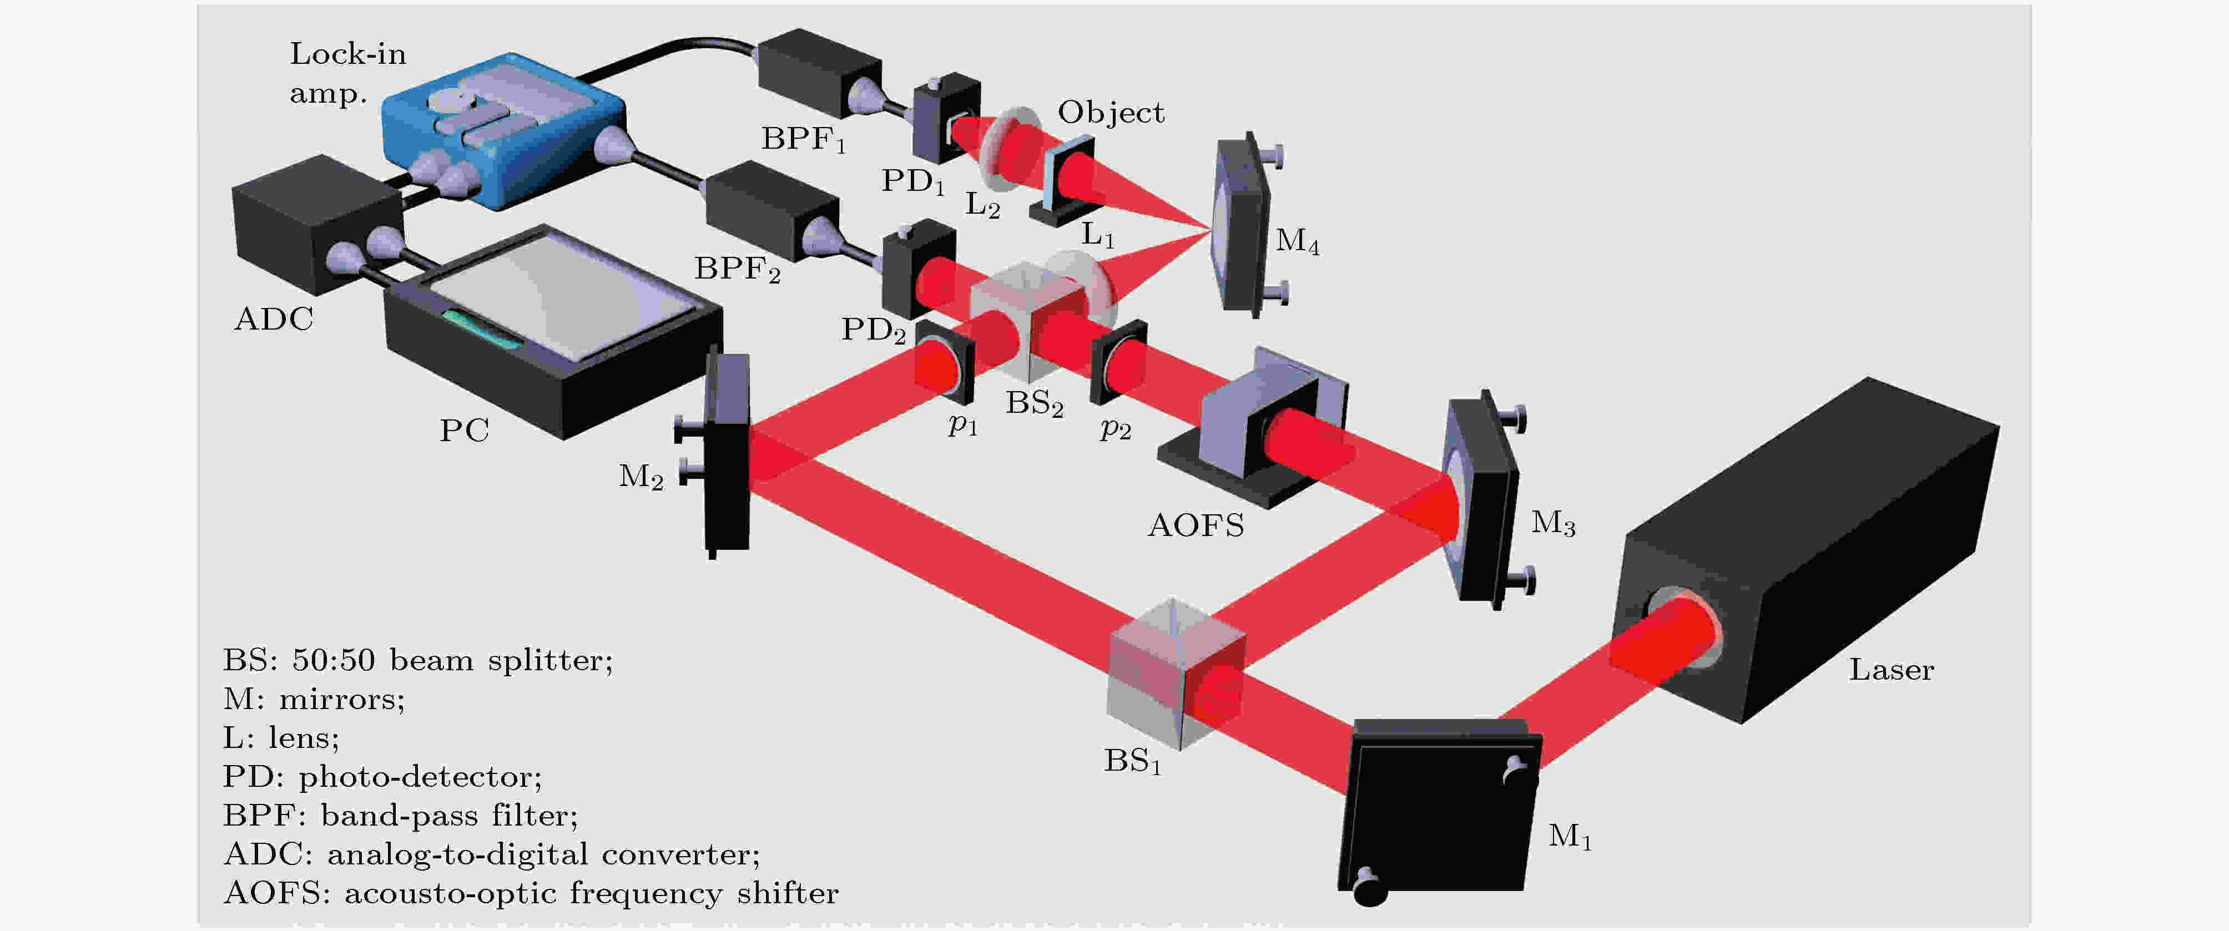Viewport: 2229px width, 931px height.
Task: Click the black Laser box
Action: [1808, 554]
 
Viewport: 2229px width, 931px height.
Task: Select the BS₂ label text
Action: [1034, 403]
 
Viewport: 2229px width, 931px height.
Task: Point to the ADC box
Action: [316, 225]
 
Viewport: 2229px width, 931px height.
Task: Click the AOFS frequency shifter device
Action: [1272, 424]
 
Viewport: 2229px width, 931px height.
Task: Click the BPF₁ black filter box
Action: [818, 74]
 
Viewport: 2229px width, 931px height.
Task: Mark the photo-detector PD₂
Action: [917, 268]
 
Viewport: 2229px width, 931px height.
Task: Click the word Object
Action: [1111, 113]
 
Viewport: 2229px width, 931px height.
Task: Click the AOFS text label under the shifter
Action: [1196, 526]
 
